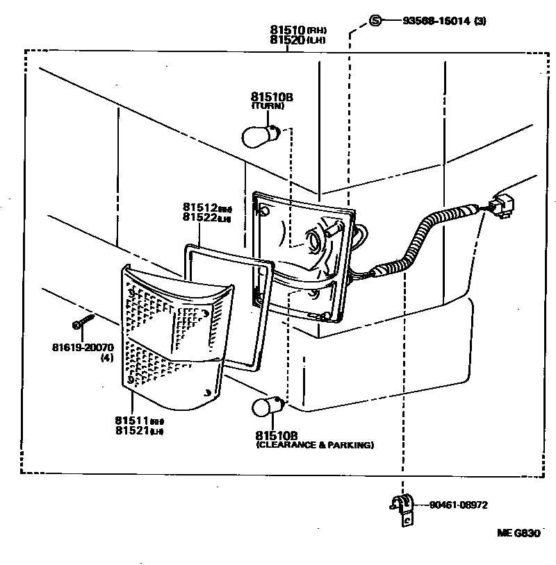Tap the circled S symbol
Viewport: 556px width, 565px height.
375,21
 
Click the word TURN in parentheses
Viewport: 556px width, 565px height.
268,106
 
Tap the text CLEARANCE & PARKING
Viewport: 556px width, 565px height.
315,445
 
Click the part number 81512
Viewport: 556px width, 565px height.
201,207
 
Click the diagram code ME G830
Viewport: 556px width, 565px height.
518,533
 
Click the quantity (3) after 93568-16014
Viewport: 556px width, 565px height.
480,21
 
